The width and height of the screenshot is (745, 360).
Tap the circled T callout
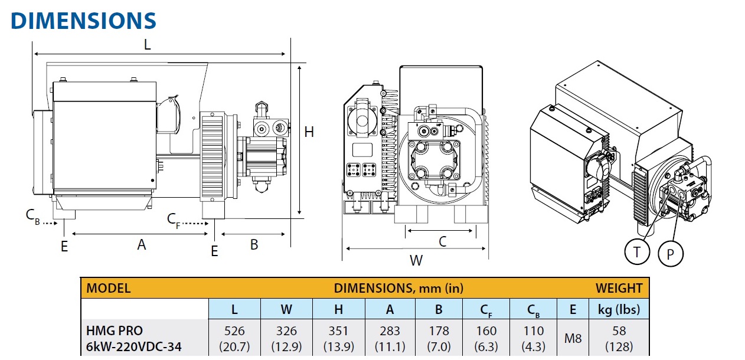pos(636,253)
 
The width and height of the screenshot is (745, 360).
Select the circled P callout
pos(670,253)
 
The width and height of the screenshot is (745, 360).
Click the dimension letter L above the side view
pos(148,44)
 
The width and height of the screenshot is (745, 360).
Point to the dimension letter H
pos(309,132)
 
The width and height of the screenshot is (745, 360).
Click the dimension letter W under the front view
pos(416,260)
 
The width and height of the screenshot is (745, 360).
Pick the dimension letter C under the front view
pos(443,241)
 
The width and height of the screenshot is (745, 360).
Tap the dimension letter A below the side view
pos(142,244)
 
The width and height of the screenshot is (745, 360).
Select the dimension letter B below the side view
pos(254,244)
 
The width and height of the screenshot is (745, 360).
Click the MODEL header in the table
pos(109,289)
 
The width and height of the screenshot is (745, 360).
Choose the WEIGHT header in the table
pos(619,289)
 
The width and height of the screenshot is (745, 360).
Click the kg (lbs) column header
pos(619,309)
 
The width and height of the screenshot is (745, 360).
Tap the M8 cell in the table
pos(572,338)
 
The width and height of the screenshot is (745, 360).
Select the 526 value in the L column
pos(234,331)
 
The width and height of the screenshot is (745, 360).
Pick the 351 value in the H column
pos(338,331)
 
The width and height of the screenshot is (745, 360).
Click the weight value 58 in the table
pos(619,331)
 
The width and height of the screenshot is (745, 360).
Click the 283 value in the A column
pos(390,331)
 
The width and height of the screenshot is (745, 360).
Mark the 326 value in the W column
pos(286,331)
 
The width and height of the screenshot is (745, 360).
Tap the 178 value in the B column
pos(439,331)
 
